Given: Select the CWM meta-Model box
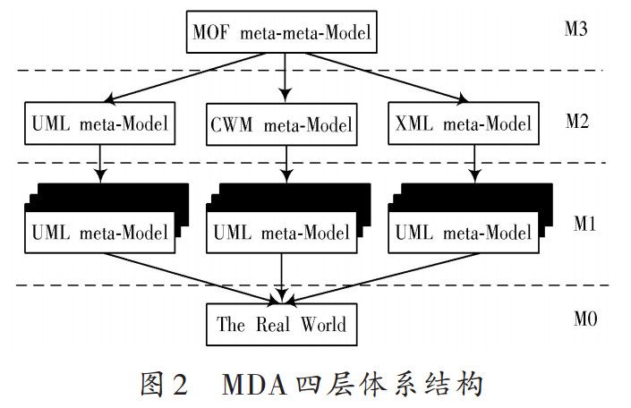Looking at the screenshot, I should pyautogui.click(x=282, y=125).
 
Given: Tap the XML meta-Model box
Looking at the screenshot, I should pyautogui.click(x=463, y=125).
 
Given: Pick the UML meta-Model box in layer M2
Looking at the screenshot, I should pyautogui.click(x=100, y=125).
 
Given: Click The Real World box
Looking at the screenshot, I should pyautogui.click(x=281, y=324).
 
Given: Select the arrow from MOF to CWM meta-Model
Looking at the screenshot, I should pyautogui.click(x=286, y=76).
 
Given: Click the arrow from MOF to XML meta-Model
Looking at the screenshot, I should pyautogui.click(x=394, y=79).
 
